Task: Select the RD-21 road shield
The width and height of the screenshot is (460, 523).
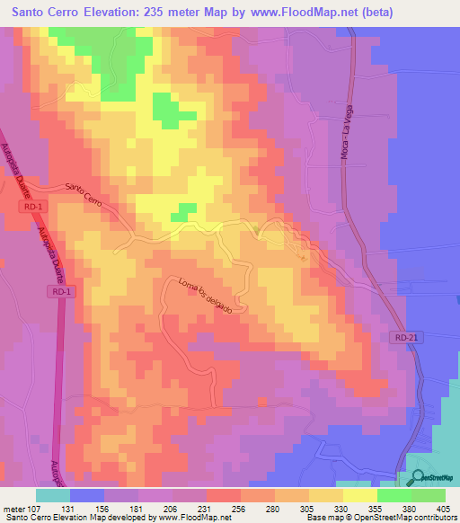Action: [x=405, y=336]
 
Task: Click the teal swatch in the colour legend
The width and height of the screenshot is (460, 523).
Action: [x=53, y=495]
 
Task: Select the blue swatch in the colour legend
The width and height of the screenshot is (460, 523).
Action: [x=87, y=495]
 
